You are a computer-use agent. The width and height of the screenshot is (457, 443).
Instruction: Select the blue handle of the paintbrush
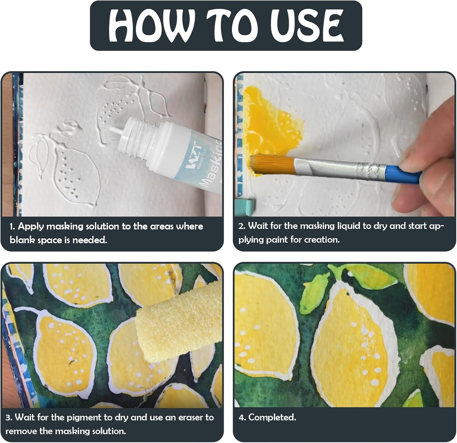[x=402, y=173]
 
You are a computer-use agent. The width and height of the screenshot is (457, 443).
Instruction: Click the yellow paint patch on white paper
[x=268, y=122]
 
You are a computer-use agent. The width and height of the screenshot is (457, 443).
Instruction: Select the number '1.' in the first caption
[x=12, y=227]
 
